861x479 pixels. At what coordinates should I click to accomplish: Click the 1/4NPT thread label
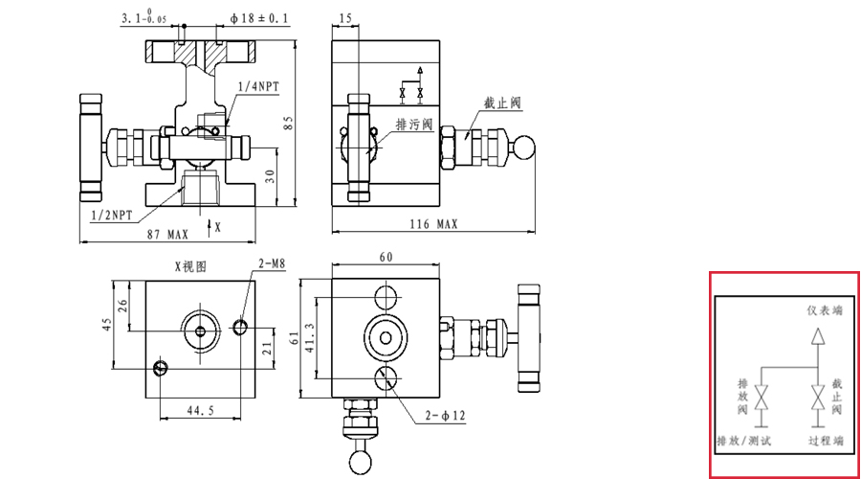[258, 86]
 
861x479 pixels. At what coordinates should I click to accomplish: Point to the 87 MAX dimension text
[167, 234]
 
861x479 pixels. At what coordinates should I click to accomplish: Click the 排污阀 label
[414, 125]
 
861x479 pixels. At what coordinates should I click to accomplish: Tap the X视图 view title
[189, 266]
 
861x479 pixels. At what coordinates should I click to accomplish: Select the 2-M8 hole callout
[271, 262]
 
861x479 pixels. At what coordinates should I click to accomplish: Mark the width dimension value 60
[386, 257]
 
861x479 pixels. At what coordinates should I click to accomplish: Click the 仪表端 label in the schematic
[825, 311]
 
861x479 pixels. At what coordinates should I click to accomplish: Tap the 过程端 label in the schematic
[824, 441]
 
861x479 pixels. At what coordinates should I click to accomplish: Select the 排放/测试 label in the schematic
[743, 441]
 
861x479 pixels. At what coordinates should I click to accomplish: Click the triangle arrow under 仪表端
[817, 336]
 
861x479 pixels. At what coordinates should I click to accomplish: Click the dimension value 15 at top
[345, 18]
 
